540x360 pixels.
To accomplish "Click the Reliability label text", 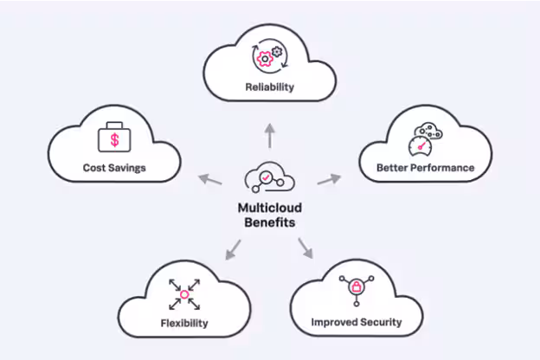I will coord(268,87).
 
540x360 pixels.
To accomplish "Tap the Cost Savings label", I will coord(114,167).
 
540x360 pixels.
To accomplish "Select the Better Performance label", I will coord(425,167).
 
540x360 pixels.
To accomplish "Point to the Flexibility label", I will coord(183,324).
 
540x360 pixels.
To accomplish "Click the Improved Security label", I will coord(357,323).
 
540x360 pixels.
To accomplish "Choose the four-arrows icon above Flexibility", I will coord(183,294).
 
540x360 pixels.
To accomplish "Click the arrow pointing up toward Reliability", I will coord(268,133).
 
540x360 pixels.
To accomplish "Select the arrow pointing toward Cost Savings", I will coord(209,180).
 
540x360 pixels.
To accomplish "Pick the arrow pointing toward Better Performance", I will coord(329,179).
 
